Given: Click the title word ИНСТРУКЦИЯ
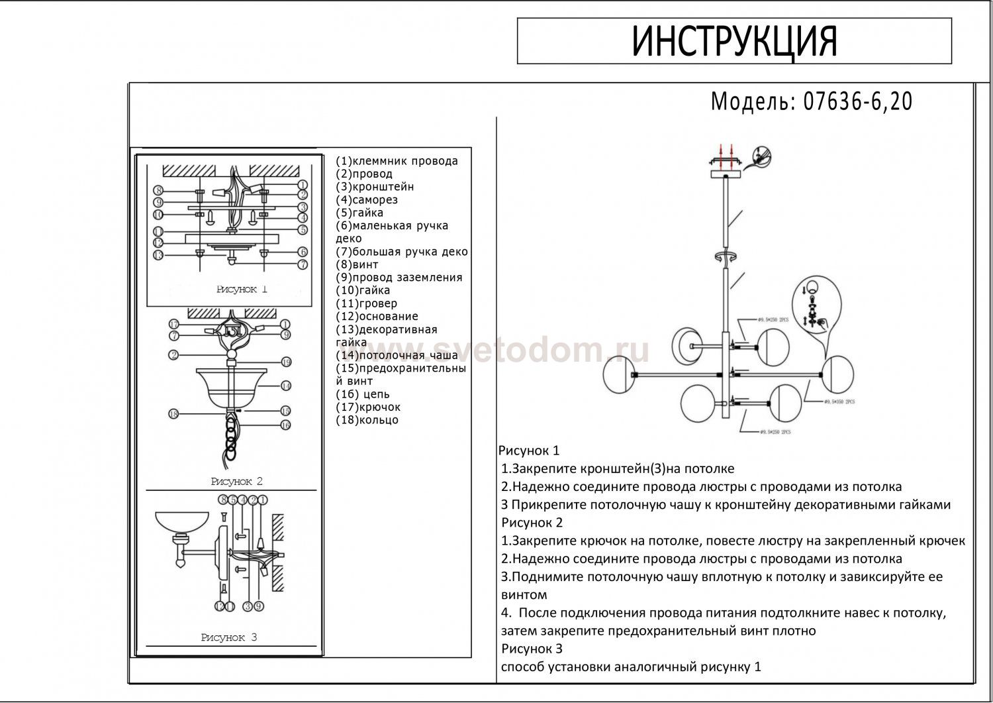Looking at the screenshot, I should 735,41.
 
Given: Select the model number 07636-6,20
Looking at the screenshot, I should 857,101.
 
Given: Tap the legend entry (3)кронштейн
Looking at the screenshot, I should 375,187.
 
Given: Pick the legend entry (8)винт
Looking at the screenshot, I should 357,264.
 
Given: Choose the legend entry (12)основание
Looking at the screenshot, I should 377,316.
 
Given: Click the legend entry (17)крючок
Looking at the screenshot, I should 368,407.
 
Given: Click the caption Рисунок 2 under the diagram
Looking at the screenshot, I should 236,482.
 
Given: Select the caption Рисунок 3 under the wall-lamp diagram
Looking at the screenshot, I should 228,637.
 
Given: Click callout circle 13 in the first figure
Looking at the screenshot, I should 158,255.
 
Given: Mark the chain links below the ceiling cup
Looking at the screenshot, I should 231,437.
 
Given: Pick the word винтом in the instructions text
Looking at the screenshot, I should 524,595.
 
